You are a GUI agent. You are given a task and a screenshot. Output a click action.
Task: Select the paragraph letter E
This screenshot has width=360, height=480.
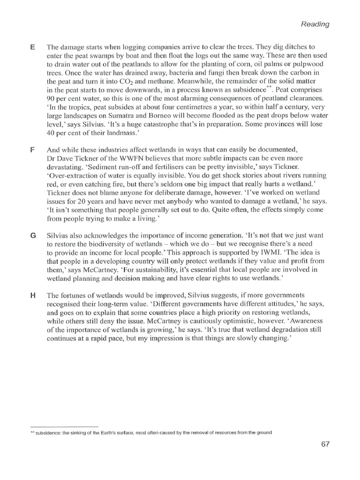(32, 47)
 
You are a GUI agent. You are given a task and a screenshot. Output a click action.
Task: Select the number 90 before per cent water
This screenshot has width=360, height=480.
(51, 99)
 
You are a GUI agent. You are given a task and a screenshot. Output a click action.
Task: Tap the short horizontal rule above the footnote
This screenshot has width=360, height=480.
(64, 426)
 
